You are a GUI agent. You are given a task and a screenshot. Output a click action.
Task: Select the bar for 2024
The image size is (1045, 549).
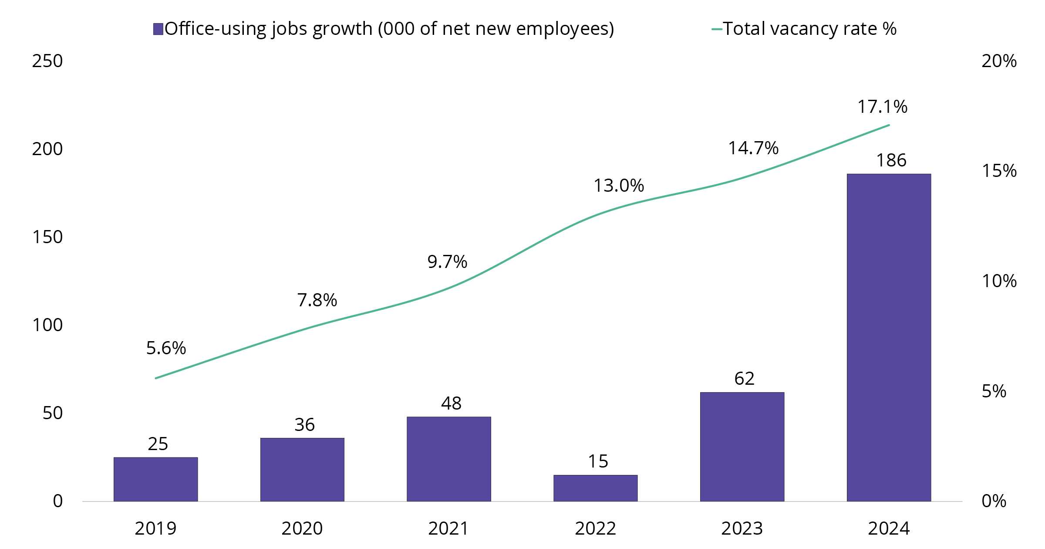point(889,338)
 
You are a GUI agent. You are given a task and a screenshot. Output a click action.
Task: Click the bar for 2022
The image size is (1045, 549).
point(595,488)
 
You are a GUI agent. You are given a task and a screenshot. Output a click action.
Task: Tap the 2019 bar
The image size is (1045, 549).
point(155,479)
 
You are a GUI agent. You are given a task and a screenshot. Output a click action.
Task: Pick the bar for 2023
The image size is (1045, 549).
point(742,447)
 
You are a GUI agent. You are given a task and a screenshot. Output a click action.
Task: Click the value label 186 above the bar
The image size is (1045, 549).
point(891,160)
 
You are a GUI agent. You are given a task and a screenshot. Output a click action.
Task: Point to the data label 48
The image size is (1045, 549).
point(451,403)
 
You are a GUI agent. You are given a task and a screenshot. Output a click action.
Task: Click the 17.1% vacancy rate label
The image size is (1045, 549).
point(882,107)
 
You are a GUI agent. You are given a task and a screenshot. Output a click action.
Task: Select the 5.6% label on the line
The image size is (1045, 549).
point(166,348)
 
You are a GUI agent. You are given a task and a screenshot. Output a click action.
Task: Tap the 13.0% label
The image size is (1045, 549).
point(619,186)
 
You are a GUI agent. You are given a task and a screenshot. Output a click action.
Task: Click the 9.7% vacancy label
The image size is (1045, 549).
point(447,262)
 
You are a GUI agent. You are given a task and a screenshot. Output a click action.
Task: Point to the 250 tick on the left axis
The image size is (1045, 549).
point(47,61)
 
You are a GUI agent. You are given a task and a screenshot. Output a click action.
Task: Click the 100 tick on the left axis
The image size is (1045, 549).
point(47,325)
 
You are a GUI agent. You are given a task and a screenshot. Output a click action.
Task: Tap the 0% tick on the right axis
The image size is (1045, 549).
point(994,501)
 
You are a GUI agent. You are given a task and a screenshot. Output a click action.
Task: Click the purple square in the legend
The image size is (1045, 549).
point(158,29)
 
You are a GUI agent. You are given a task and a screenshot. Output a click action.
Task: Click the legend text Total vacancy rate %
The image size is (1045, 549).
point(810,29)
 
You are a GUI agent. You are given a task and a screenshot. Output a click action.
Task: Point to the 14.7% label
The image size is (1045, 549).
point(753,149)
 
